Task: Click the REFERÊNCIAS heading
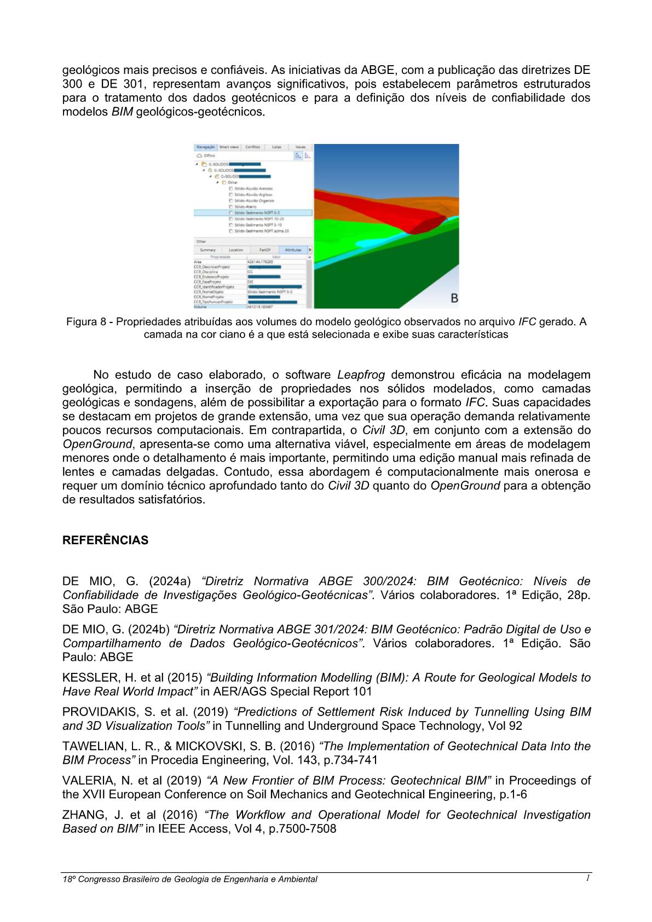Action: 105,540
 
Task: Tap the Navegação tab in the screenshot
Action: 205,147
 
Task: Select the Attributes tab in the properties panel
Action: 293,250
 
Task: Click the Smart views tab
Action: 229,147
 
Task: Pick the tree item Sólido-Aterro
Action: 245,207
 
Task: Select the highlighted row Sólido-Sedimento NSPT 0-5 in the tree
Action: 257,213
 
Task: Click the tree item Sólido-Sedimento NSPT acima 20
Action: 261,231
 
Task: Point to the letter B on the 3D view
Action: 454,298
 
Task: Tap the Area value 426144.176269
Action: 261,262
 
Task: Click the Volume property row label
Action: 200,307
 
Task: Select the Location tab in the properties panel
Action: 236,250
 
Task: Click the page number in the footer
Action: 587,878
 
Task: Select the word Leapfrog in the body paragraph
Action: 361,375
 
